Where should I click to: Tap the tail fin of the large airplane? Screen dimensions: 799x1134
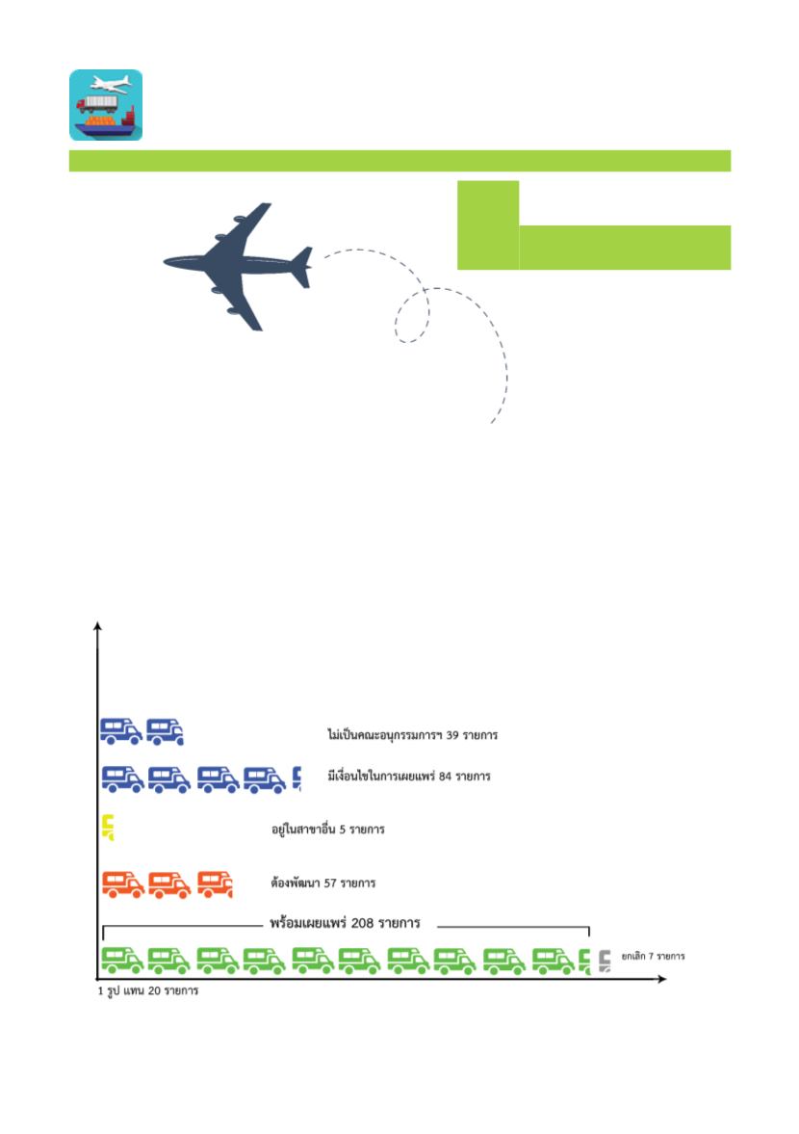pos(302,267)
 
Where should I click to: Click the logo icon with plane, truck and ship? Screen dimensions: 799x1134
pos(106,105)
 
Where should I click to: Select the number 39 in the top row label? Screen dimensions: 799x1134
pos(452,735)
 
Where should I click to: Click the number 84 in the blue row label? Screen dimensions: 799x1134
pos(445,776)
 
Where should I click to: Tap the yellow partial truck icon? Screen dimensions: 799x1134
pos(108,828)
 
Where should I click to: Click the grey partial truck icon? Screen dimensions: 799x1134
pos(605,962)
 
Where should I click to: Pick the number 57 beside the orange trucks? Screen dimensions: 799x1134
pos(330,883)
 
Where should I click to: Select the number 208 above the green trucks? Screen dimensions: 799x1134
pos(362,923)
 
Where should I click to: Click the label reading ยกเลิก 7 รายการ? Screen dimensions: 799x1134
pos(653,956)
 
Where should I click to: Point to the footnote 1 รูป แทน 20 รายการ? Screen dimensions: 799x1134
pos(148,990)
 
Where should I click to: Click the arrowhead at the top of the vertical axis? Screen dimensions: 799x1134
pos(97,625)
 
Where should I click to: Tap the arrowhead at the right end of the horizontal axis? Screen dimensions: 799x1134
pos(661,979)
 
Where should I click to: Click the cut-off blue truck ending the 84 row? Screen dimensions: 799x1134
pos(296,778)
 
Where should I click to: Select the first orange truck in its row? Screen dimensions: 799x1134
pos(123,884)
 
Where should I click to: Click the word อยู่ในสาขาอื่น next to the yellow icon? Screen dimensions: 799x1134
pos(303,829)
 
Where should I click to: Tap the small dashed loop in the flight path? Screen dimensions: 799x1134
pos(412,315)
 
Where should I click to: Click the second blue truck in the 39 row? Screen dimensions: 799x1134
pos(165,731)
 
